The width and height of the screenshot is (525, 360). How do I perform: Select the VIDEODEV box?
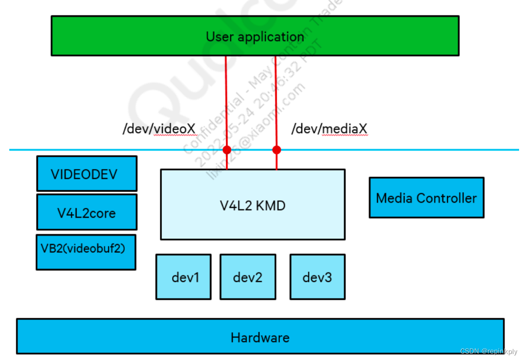tap(86, 173)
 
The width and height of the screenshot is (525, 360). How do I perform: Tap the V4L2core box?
tap(86, 212)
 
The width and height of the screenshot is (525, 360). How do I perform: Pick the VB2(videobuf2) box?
tap(85, 252)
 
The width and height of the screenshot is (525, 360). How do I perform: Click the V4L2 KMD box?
tap(252, 205)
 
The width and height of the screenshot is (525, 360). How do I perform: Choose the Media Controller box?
tap(426, 198)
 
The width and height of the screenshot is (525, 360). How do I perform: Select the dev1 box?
tap(184, 277)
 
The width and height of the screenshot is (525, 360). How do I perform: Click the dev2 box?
tap(248, 277)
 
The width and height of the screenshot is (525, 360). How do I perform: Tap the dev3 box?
tap(317, 277)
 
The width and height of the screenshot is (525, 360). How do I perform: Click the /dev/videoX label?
tap(159, 129)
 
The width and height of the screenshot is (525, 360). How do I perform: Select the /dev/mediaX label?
tap(329, 129)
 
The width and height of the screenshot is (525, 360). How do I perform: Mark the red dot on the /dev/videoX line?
tap(227, 150)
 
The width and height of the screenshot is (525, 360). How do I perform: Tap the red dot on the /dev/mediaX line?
tap(276, 150)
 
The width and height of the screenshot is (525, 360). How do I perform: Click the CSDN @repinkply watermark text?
tap(488, 351)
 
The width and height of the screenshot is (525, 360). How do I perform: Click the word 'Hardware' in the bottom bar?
tap(260, 338)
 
